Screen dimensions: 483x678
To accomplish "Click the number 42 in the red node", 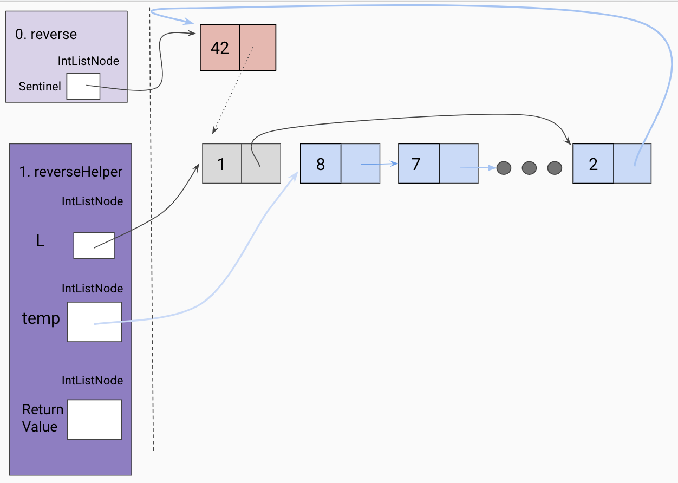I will click(220, 48).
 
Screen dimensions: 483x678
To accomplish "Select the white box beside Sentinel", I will click(83, 86).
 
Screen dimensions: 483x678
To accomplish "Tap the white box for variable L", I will click(94, 245).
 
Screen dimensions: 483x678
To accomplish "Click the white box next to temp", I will click(94, 322).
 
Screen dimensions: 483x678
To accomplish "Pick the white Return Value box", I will click(94, 419).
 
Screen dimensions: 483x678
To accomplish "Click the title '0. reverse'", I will click(46, 34).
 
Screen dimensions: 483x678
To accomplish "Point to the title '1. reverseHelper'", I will click(71, 172).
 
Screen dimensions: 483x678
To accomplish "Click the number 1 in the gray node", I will click(221, 164).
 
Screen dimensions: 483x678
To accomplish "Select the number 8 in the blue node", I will click(321, 164).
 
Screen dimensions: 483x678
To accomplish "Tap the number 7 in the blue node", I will click(416, 164).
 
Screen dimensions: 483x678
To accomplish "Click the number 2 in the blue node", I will click(593, 164).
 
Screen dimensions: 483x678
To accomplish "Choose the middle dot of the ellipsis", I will click(529, 168).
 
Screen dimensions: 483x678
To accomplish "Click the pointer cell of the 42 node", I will click(258, 48).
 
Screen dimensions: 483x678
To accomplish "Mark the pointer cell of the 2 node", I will click(633, 164).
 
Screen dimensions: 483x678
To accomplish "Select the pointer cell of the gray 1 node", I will click(261, 164).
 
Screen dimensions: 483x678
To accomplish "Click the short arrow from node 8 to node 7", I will click(379, 164).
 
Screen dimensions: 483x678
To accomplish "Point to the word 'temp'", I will click(41, 318).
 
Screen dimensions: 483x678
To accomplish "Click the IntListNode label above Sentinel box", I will click(88, 61).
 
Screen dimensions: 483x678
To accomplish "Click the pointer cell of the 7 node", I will click(459, 164).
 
